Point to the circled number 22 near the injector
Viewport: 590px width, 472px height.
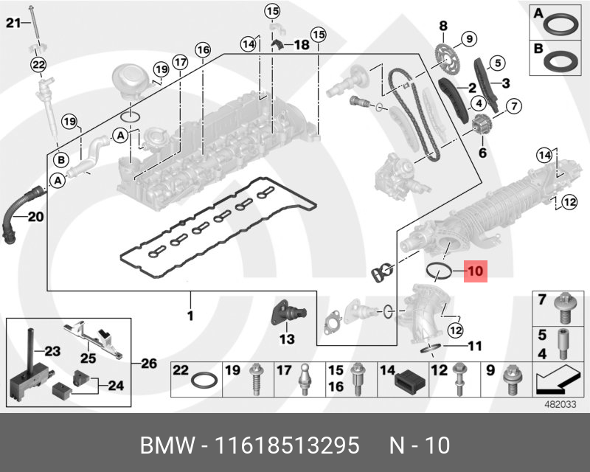[x=38, y=65]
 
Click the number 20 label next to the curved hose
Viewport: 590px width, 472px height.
[x=35, y=217]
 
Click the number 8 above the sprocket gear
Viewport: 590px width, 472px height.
[x=443, y=27]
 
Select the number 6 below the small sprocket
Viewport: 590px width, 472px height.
[x=483, y=153]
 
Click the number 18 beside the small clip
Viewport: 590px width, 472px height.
[x=301, y=45]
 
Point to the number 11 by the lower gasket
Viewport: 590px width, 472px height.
[x=474, y=344]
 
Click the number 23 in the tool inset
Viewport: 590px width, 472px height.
[x=52, y=351]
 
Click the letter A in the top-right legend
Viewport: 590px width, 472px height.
[x=538, y=13]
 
